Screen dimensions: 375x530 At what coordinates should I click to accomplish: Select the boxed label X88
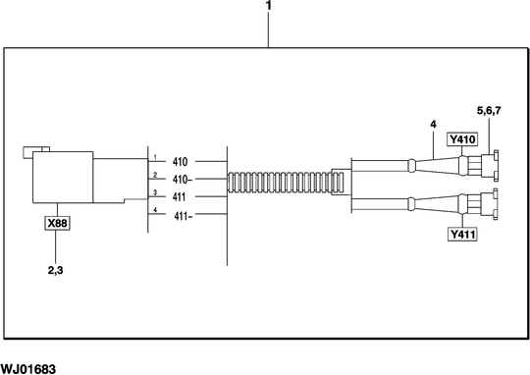[60, 223]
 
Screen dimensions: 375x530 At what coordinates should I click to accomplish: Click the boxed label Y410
[461, 140]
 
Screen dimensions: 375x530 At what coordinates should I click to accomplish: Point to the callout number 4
[431, 124]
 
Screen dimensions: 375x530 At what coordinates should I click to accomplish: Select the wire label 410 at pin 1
[180, 161]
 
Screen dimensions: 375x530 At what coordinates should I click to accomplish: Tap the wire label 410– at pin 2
[183, 180]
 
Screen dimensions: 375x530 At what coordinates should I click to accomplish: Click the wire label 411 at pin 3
[180, 197]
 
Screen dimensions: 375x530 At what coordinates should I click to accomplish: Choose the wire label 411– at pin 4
[183, 216]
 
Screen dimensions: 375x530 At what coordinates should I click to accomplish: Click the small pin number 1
[154, 156]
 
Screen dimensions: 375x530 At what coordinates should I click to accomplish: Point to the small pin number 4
[154, 211]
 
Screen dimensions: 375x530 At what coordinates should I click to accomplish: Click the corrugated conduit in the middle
[285, 183]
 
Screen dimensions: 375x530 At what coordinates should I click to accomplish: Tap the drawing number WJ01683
[28, 368]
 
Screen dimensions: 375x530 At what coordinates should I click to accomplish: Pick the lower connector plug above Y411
[485, 206]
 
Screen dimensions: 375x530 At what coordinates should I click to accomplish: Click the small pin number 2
[154, 175]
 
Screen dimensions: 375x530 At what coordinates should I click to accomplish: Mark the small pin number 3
[154, 192]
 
